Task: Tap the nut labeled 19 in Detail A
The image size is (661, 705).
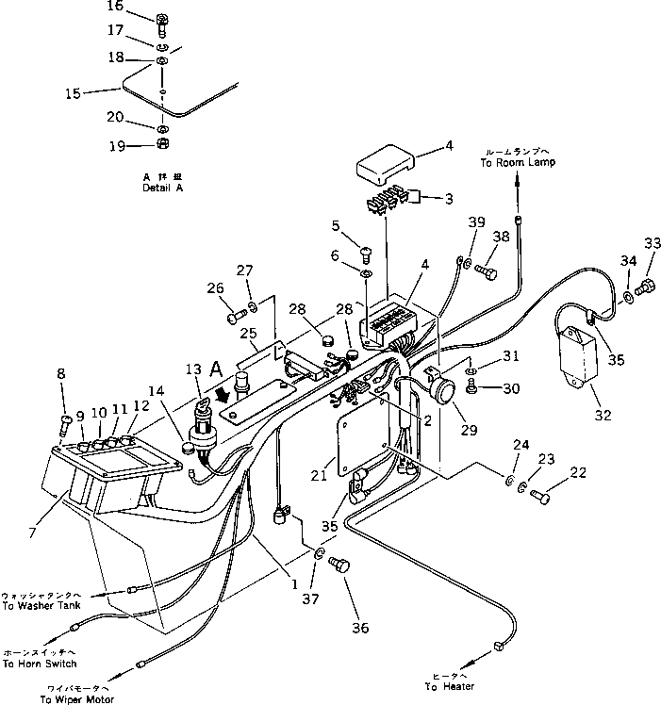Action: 162,146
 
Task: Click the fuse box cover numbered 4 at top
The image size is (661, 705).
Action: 381,169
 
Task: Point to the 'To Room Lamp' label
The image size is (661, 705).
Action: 519,162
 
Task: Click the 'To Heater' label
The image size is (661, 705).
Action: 450,686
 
